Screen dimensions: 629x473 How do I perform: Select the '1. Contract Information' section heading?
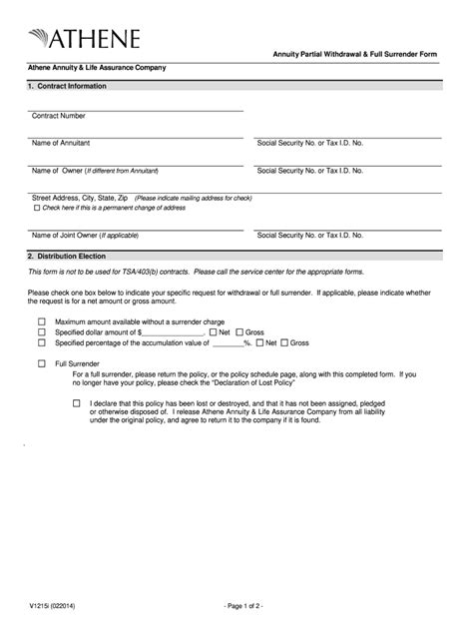67,86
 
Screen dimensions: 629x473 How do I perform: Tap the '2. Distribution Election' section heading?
68,257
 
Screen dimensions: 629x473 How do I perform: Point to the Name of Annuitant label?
62,144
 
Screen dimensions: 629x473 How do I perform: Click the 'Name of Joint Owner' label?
85,236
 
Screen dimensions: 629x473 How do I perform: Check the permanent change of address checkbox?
37,208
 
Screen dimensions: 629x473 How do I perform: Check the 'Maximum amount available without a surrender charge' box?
42,322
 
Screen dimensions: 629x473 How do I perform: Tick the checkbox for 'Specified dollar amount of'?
42,332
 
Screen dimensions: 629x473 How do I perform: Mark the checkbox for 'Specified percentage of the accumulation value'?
42,342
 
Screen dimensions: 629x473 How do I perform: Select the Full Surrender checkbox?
42,364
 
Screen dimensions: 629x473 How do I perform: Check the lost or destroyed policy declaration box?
77,403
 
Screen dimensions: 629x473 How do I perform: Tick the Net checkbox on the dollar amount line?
213,332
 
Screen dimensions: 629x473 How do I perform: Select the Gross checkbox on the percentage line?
284,342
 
